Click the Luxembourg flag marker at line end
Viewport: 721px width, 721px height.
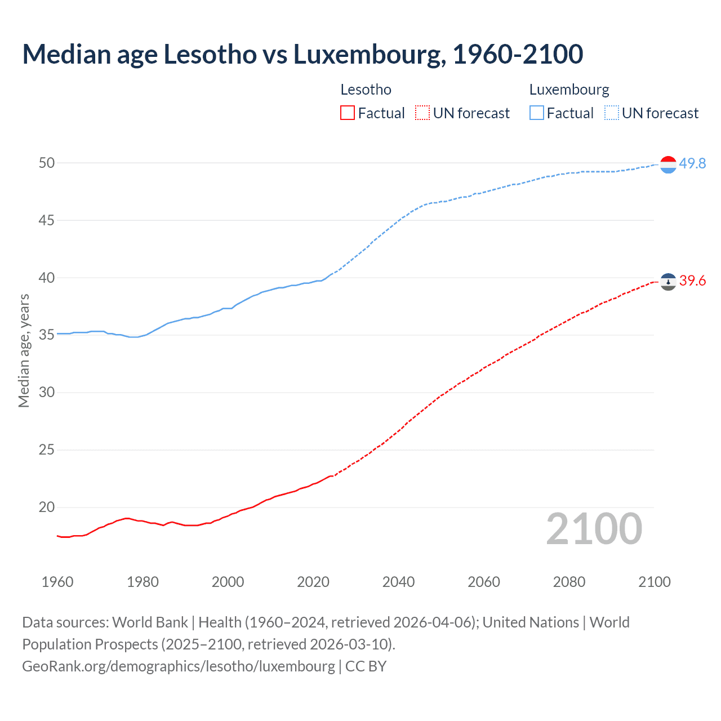pyautogui.click(x=668, y=164)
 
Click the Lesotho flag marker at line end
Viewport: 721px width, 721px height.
pyautogui.click(x=668, y=281)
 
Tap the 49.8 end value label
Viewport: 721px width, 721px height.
pyautogui.click(x=692, y=163)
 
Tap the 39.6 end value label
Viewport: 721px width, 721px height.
pyautogui.click(x=692, y=281)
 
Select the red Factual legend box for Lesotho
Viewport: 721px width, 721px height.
pyautogui.click(x=348, y=113)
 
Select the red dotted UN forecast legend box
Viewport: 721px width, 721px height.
pyautogui.click(x=422, y=113)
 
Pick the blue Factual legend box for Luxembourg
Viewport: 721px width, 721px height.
pyautogui.click(x=537, y=113)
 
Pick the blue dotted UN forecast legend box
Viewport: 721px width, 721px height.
pyautogui.click(x=612, y=113)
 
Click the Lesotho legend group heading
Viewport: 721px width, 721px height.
pyautogui.click(x=366, y=90)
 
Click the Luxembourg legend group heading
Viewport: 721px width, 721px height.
pyautogui.click(x=569, y=90)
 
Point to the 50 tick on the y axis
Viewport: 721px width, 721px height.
pyautogui.click(x=47, y=163)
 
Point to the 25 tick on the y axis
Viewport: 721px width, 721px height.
pyautogui.click(x=47, y=449)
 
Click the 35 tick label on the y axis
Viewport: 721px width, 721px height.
pyautogui.click(x=47, y=335)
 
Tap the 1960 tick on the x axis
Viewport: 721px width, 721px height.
pyautogui.click(x=57, y=582)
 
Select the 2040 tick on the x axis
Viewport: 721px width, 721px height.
pyautogui.click(x=398, y=582)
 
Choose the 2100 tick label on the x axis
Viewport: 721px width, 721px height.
pyautogui.click(x=654, y=582)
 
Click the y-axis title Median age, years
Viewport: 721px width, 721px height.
pyautogui.click(x=24, y=350)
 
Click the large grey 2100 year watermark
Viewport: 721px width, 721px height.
pyautogui.click(x=594, y=528)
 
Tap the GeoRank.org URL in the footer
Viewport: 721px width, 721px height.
pyautogui.click(x=178, y=666)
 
